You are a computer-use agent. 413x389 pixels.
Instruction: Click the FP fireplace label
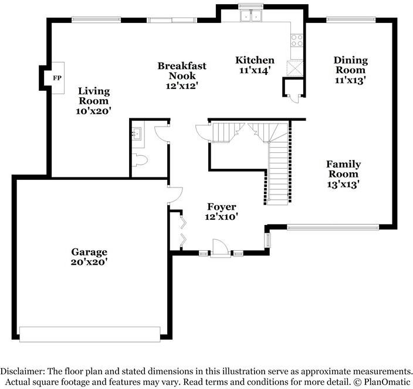click(57, 78)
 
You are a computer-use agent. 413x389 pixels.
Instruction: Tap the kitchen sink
click(250, 15)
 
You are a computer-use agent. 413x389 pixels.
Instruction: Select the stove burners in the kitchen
click(297, 40)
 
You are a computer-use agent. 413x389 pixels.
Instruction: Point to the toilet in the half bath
click(140, 160)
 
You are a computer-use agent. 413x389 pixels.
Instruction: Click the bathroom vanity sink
click(137, 133)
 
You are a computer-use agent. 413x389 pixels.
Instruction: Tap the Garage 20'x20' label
click(89, 257)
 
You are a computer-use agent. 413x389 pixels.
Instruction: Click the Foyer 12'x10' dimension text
click(222, 217)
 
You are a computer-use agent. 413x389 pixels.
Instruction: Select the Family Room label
click(343, 169)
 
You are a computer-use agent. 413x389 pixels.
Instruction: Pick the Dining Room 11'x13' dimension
click(350, 80)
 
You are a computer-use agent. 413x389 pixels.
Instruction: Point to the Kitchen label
click(255, 60)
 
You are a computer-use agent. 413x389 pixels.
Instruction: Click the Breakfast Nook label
click(182, 71)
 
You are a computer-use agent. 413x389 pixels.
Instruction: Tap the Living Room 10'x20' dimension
click(93, 111)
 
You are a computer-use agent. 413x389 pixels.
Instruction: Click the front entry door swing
click(220, 247)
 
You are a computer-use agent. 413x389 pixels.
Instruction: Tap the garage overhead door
click(90, 335)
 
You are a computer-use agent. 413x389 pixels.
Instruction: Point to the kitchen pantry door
click(294, 98)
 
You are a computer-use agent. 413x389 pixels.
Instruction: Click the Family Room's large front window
click(333, 227)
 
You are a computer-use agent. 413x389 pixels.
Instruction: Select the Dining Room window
click(351, 20)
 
